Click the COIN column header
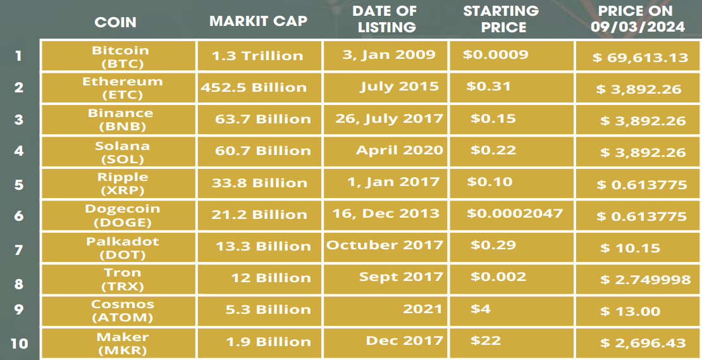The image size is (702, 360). coord(115,22)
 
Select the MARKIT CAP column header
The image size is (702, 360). coord(258,21)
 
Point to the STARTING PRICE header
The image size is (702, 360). coord(501,19)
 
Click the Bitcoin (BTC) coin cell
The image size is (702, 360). coord(120,56)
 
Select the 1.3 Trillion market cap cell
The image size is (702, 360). coord(257,56)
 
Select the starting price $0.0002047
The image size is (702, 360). coord(514,213)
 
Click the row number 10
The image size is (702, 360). coord(19,344)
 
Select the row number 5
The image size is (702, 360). coord(19,184)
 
